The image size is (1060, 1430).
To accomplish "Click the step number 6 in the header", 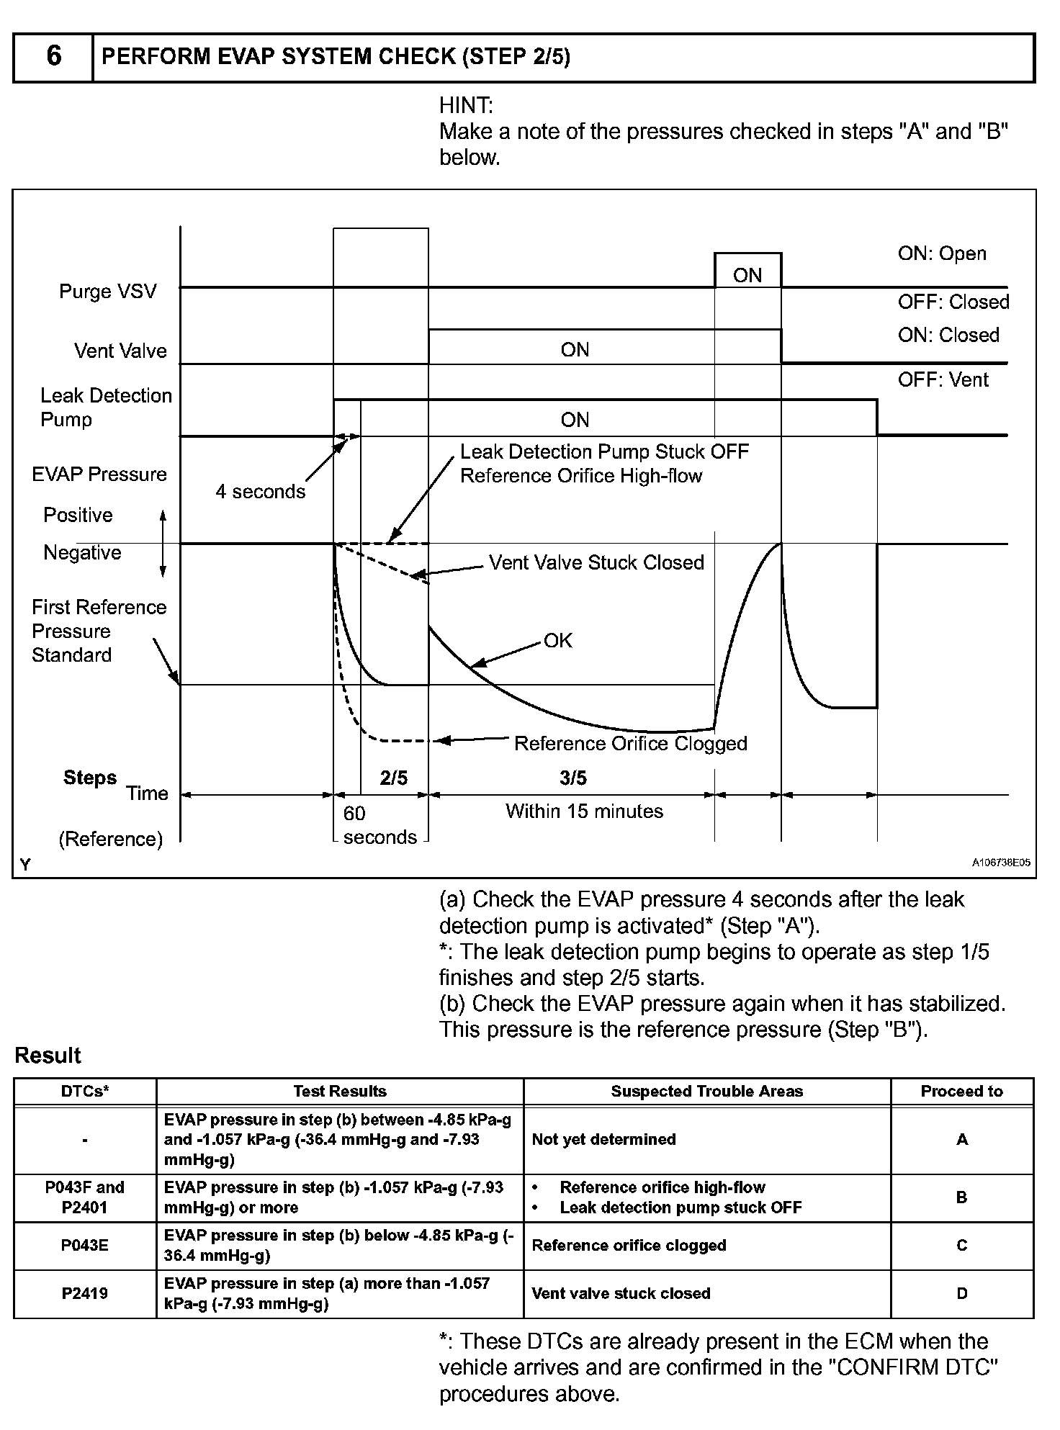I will [x=53, y=56].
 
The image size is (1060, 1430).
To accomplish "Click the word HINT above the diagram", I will [x=466, y=106].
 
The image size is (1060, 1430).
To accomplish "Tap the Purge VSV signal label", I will [x=108, y=292].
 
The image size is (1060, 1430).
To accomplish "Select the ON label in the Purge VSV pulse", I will [x=747, y=275].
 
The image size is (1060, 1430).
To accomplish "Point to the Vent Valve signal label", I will [x=120, y=351].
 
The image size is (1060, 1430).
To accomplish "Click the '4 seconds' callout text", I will [x=261, y=492].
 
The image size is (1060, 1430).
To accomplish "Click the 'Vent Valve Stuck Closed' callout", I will [x=596, y=562].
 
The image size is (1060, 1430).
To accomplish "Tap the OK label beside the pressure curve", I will [x=558, y=641].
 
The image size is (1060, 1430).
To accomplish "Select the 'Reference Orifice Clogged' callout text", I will [x=630, y=743].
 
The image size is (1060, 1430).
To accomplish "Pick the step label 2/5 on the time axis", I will [x=394, y=778].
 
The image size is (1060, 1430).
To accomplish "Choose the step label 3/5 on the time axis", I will [x=573, y=778].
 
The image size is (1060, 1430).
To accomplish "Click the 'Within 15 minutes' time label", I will [x=584, y=811].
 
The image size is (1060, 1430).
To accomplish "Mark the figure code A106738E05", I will [x=1001, y=863].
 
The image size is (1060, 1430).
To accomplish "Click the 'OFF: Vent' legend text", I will [x=943, y=379].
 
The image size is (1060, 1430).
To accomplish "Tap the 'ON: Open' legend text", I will [x=942, y=253].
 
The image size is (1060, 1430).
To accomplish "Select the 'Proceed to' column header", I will [x=961, y=1091].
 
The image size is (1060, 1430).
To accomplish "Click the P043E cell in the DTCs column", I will [x=85, y=1245].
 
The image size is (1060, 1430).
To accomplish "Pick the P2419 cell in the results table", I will [x=85, y=1293].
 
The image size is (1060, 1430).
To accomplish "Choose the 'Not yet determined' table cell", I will [x=603, y=1139].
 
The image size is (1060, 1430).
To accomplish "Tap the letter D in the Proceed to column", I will [x=961, y=1293].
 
